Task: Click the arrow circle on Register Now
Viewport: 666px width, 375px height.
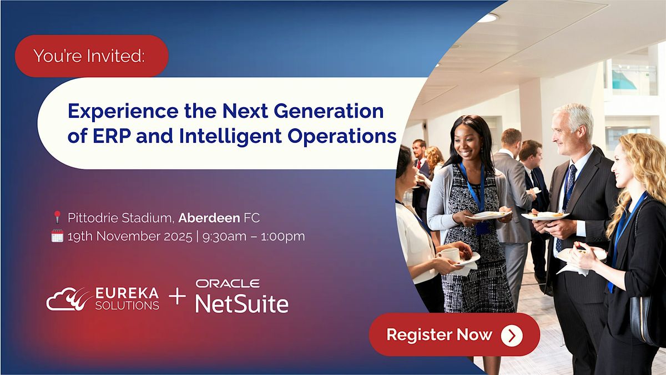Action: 511,335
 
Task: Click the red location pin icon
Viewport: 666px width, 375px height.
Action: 57,217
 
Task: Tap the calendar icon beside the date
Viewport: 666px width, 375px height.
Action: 57,236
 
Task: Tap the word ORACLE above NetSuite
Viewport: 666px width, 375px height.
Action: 228,284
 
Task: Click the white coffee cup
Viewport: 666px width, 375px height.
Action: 450,254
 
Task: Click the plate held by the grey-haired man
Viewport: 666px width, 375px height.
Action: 544,216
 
